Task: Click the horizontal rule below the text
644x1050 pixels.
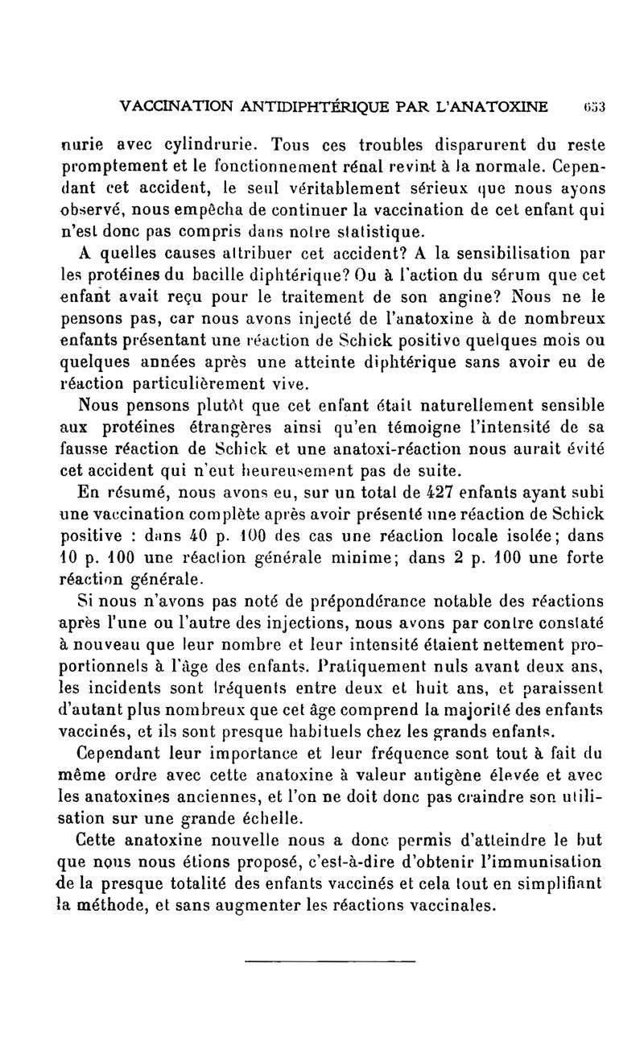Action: pos(329,961)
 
